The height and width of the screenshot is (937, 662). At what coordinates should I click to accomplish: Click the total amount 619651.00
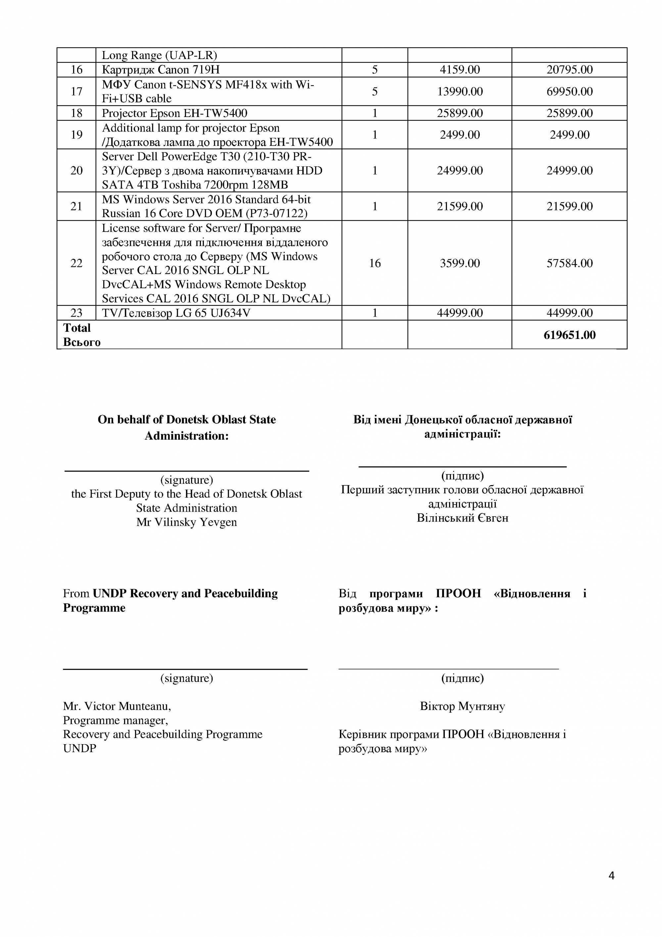click(569, 335)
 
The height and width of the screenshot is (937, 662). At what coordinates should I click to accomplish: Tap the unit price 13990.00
click(459, 91)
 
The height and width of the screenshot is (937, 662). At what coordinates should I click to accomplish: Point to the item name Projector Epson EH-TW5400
click(174, 113)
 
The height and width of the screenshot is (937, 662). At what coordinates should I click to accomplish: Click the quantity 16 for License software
click(375, 263)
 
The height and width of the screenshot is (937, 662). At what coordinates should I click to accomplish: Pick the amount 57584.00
click(569, 263)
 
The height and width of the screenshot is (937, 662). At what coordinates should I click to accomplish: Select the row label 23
click(77, 313)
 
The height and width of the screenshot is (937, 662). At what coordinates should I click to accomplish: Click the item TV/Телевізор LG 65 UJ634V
click(176, 313)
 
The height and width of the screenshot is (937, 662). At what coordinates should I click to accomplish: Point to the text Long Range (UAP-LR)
click(160, 55)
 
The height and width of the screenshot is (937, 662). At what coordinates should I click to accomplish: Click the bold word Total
click(77, 328)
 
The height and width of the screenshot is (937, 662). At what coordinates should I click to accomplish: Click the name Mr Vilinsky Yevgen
click(186, 522)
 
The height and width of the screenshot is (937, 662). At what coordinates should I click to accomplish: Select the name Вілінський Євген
click(462, 518)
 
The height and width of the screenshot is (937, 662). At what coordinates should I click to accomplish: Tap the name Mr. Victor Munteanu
click(117, 706)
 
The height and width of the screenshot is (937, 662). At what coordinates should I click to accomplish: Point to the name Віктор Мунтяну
click(462, 706)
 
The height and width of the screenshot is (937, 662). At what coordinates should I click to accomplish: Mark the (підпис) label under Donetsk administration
click(462, 475)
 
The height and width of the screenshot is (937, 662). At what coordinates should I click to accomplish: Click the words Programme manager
click(116, 720)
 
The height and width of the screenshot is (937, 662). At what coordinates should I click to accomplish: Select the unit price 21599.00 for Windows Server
click(459, 206)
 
